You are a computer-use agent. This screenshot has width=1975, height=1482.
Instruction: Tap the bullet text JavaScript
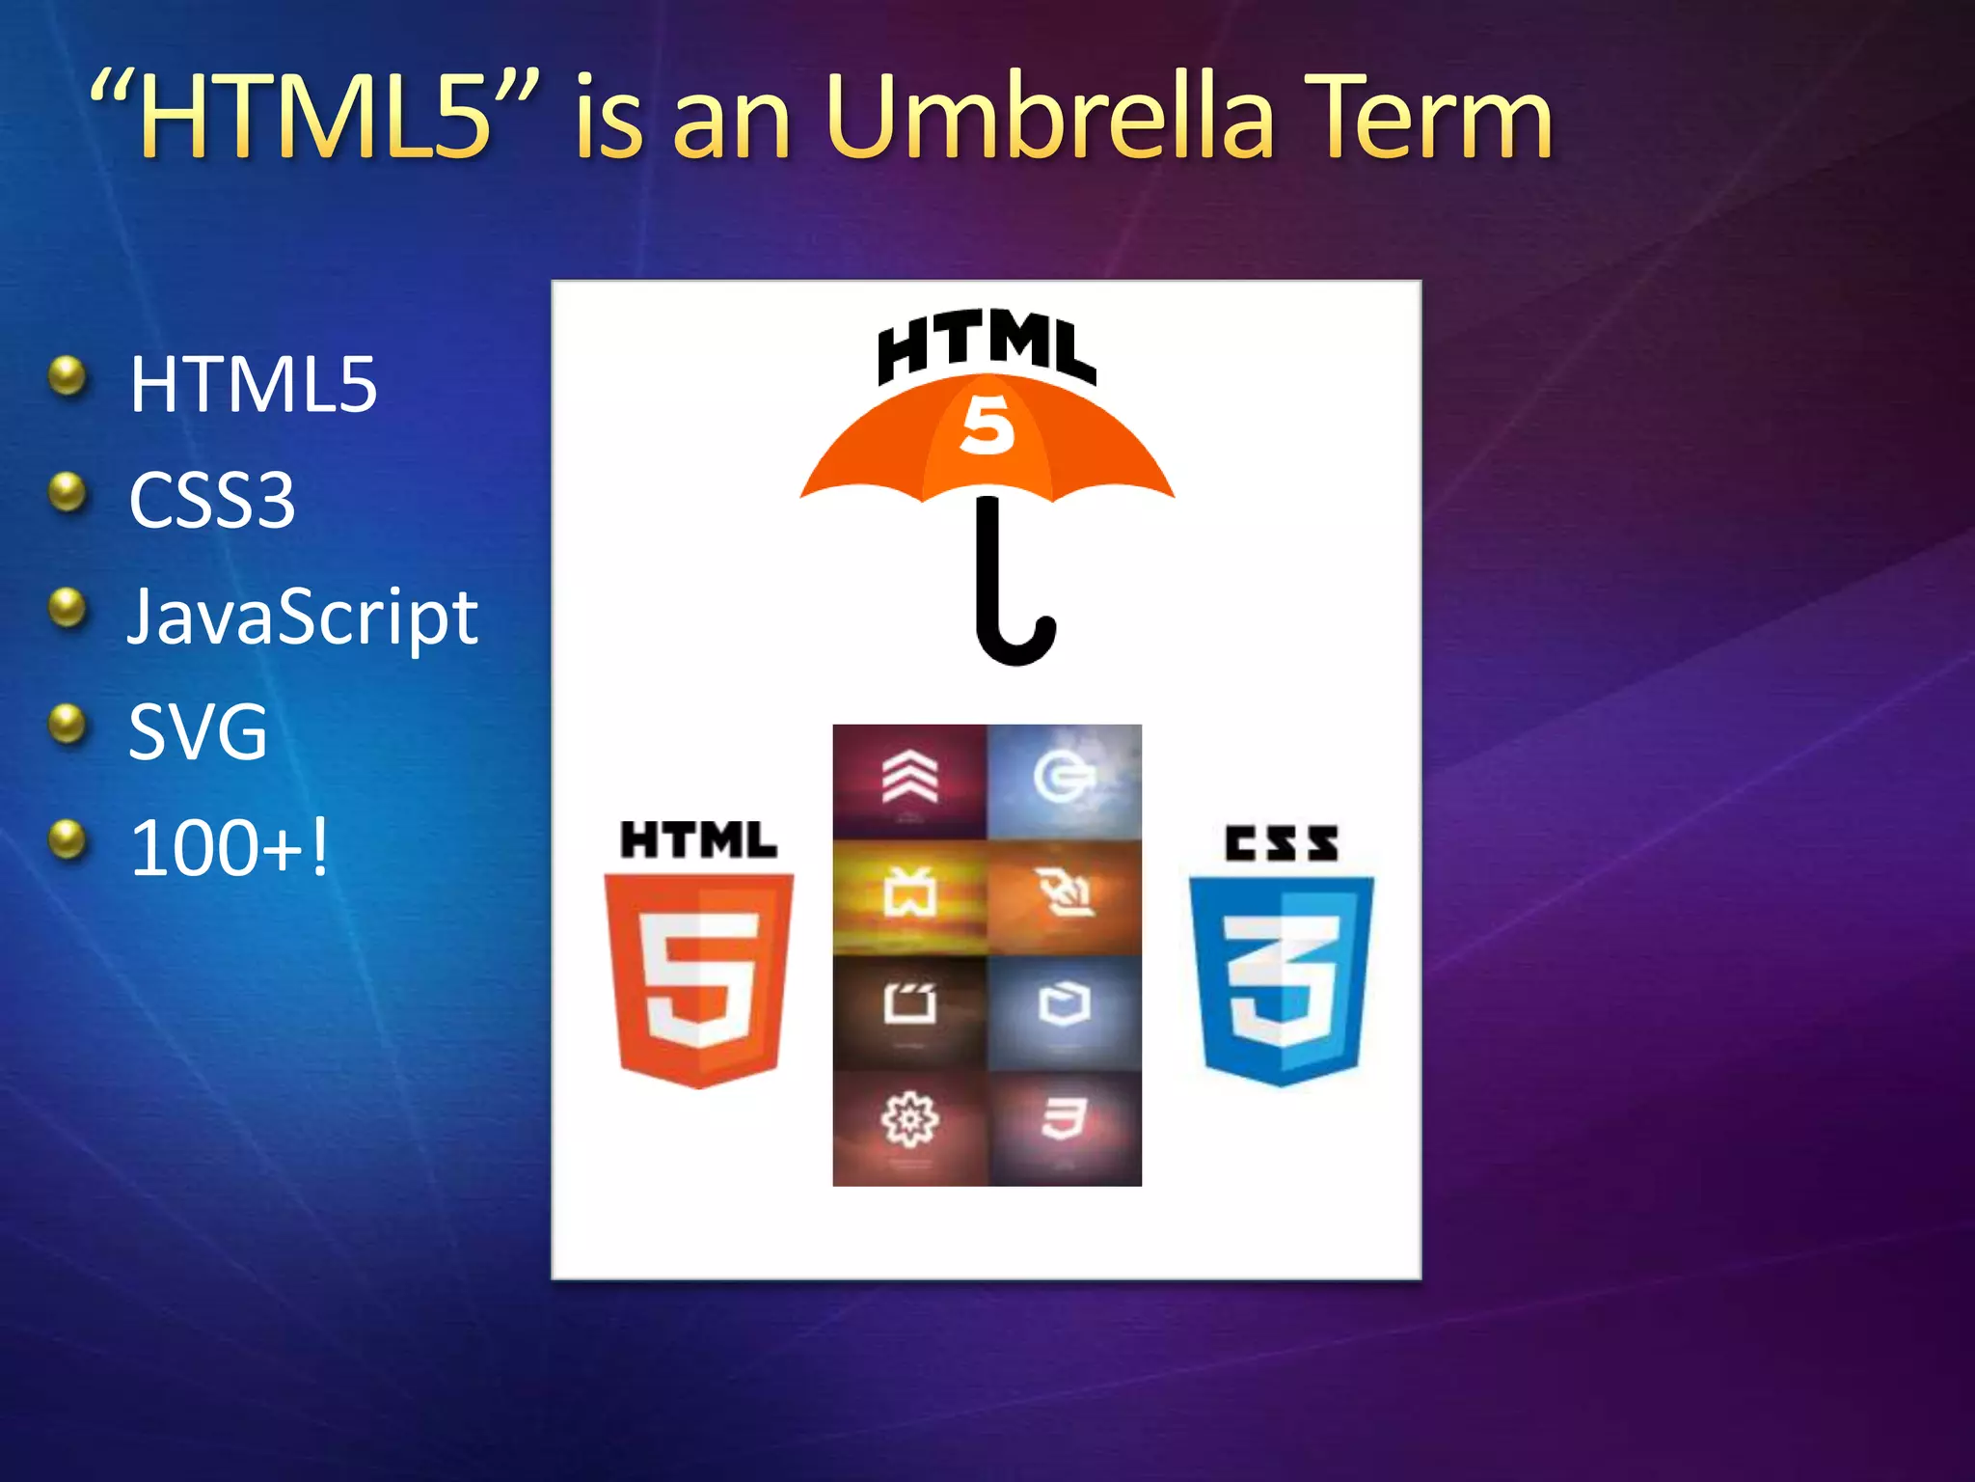point(303,617)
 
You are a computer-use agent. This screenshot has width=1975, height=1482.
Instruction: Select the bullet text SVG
point(198,732)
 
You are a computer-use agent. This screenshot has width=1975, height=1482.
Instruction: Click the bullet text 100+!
point(230,848)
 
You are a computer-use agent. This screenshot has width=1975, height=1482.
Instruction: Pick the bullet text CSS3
point(212,501)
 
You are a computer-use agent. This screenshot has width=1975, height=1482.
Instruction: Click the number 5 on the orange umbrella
point(987,425)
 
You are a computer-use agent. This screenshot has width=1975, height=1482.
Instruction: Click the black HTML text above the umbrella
point(986,347)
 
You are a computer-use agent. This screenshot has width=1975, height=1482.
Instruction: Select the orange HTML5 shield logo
point(698,979)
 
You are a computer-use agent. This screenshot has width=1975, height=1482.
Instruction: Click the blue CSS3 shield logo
point(1281,979)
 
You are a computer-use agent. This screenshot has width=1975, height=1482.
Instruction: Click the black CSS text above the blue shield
point(1281,843)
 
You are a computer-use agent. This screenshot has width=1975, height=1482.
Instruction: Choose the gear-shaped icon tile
point(909,1119)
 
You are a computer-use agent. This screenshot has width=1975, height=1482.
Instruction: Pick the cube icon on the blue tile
point(1063,1003)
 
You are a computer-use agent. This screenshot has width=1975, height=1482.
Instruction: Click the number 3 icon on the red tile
point(1063,1119)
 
